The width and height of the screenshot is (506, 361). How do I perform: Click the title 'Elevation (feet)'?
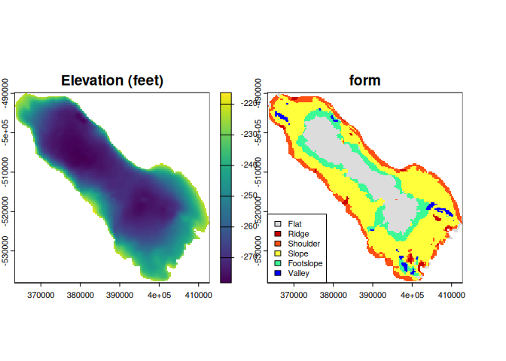click(x=112, y=80)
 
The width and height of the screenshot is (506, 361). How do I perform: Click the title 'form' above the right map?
click(x=364, y=80)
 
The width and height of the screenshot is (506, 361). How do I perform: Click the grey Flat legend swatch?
click(x=278, y=224)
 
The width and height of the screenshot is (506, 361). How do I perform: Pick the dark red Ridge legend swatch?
click(x=278, y=234)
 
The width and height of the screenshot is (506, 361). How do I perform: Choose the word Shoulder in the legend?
click(x=304, y=244)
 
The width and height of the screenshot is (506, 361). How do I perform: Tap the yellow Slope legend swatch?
click(x=278, y=253)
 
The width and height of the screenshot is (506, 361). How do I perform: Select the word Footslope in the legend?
click(x=305, y=263)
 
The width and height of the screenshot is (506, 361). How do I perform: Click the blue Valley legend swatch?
click(x=278, y=273)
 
